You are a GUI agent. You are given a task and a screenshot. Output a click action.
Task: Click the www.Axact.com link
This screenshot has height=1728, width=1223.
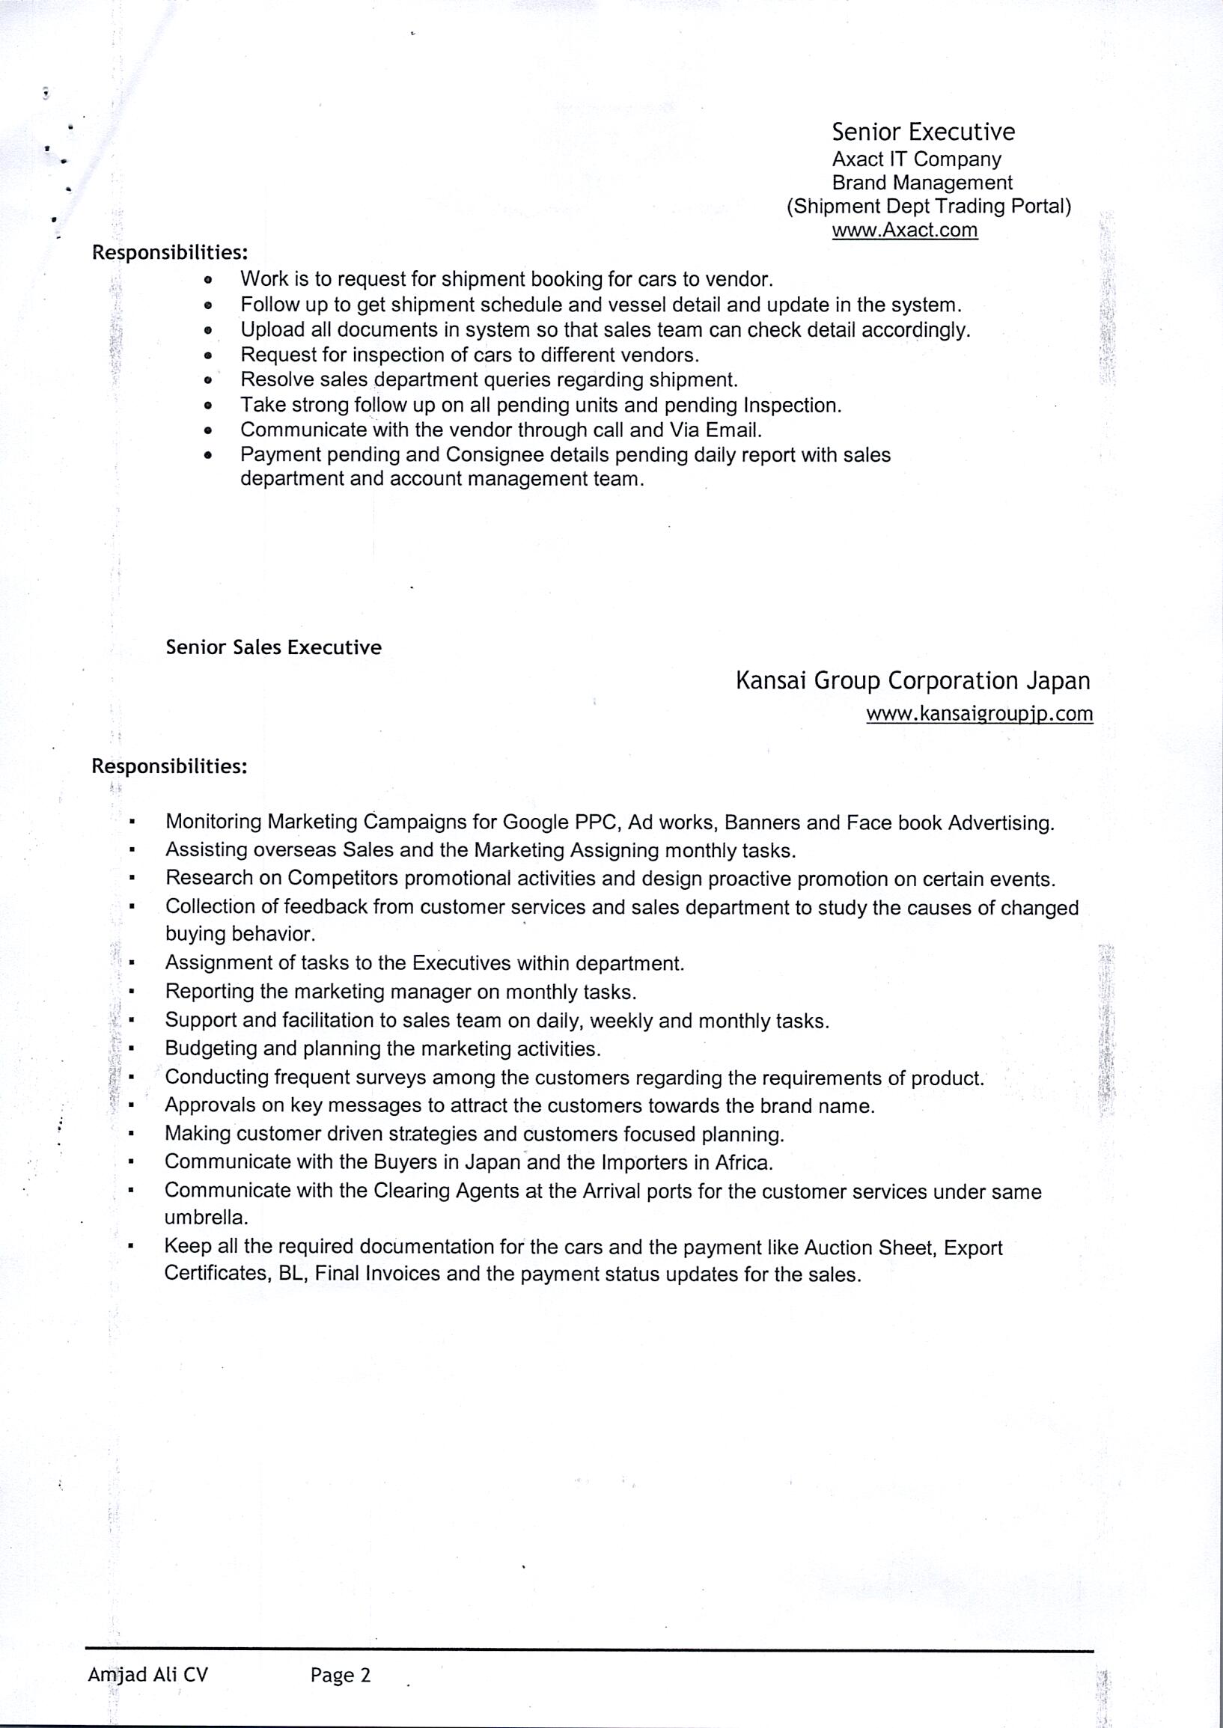click(x=904, y=230)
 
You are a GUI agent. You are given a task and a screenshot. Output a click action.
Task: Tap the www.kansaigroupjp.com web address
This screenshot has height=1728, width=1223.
click(x=979, y=713)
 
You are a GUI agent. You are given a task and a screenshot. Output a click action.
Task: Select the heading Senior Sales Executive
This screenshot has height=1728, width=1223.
click(x=273, y=647)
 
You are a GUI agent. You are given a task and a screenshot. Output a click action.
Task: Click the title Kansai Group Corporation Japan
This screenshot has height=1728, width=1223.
click(x=912, y=681)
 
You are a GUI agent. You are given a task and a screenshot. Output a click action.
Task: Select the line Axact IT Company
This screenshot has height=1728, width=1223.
click(x=916, y=159)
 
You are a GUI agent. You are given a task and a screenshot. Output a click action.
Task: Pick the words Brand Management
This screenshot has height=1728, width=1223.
click(x=923, y=183)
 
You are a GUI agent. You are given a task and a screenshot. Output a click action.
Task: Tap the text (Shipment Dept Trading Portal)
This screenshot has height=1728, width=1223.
click(x=929, y=207)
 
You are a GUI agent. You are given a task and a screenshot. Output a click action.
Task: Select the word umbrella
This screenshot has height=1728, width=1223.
click(x=206, y=1218)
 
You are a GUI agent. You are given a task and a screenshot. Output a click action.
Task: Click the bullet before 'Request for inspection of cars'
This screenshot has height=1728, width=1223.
click(x=209, y=355)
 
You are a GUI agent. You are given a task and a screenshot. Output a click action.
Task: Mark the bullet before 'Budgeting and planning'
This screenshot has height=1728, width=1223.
click(x=131, y=1048)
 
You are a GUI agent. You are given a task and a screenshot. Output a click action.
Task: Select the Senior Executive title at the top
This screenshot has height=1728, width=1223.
click(x=924, y=132)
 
